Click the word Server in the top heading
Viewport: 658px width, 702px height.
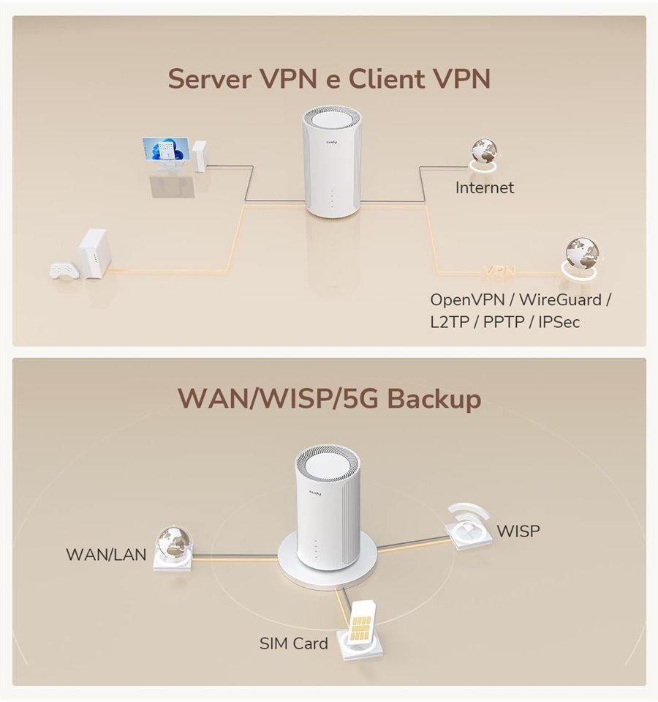(212, 79)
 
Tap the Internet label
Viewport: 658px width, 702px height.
(485, 188)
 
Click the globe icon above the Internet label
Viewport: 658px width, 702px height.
(483, 152)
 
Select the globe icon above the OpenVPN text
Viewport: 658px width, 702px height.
(581, 253)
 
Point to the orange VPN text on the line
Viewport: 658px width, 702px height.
(500, 272)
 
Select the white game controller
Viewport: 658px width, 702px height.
(64, 269)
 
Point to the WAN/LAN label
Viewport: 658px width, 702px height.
(106, 554)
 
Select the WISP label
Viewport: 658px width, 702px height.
(518, 531)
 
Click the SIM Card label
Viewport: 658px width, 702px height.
(294, 644)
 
